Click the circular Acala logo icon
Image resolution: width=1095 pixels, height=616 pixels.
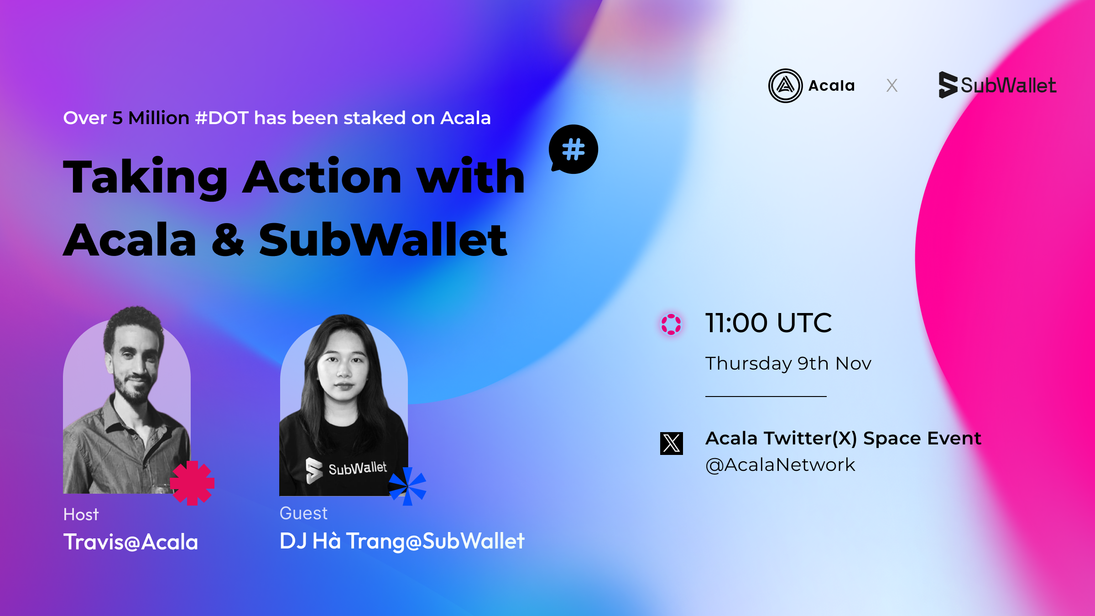click(x=785, y=86)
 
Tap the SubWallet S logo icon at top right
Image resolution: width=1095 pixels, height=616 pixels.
click(x=948, y=85)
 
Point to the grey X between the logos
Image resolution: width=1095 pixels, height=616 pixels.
click(x=892, y=85)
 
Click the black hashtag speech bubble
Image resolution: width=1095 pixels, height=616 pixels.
click(x=574, y=149)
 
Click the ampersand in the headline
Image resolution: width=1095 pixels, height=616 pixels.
click(x=228, y=240)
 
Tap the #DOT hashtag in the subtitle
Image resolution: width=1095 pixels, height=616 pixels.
click(x=222, y=118)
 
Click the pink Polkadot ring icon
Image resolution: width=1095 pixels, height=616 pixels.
click(x=671, y=324)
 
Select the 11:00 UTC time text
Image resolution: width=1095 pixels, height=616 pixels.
click(x=768, y=323)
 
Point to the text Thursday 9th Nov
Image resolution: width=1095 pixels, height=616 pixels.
click(x=788, y=364)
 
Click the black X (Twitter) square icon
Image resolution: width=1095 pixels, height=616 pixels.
click(x=672, y=444)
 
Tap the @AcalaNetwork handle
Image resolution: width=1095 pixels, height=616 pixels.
click(x=780, y=465)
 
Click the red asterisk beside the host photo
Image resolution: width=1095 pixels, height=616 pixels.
click(x=192, y=483)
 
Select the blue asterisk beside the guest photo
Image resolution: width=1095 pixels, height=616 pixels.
click(x=407, y=486)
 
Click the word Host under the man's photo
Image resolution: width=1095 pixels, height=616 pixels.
click(x=81, y=515)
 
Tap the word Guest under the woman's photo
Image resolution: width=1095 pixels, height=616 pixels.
click(x=303, y=513)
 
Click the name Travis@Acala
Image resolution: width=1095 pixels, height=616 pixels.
click(x=130, y=542)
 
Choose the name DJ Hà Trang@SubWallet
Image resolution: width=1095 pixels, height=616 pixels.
click(x=402, y=541)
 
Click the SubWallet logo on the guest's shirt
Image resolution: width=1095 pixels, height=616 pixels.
click(x=346, y=470)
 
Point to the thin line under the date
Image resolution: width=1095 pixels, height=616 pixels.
click(x=766, y=397)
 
